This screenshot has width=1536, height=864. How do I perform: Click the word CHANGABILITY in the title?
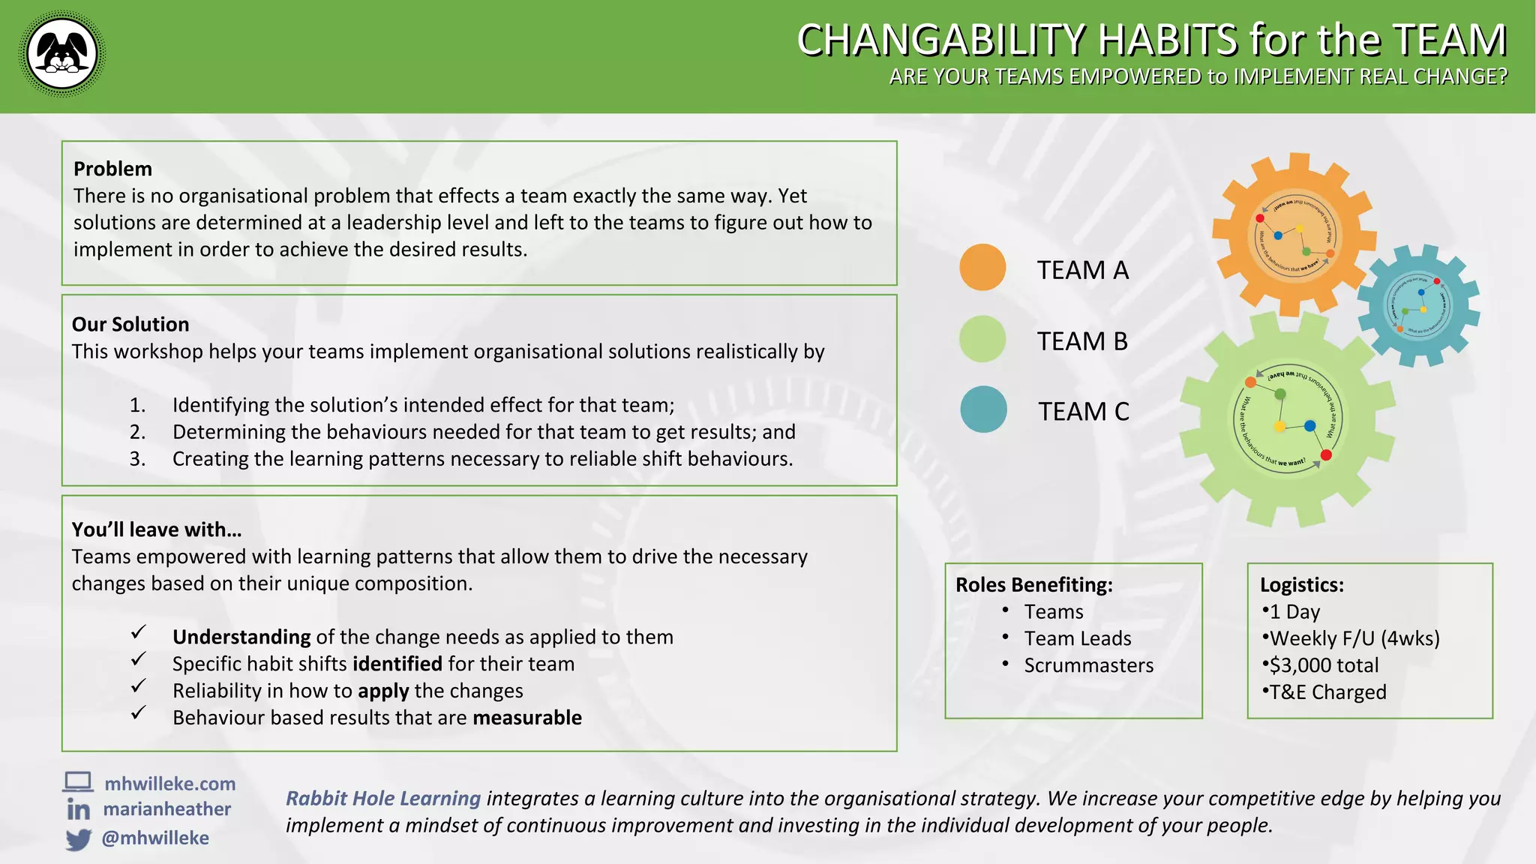[x=941, y=40]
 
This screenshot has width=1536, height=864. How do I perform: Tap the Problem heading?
[x=112, y=169]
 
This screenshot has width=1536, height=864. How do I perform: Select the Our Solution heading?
[x=130, y=324]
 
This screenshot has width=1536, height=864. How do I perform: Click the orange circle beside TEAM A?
[x=982, y=267]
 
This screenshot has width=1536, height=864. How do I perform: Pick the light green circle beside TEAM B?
[x=982, y=339]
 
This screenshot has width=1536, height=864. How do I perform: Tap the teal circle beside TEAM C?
[x=983, y=409]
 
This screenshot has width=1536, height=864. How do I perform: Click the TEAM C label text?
[x=1083, y=412]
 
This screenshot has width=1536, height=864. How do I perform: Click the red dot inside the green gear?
[x=1326, y=455]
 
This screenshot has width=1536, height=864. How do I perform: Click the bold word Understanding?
[x=241, y=637]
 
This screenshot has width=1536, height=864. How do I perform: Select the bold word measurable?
[x=527, y=718]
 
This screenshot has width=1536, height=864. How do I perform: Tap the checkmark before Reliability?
[x=138, y=686]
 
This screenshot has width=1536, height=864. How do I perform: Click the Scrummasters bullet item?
[x=1088, y=665]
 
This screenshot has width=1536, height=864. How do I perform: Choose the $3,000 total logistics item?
[x=1323, y=665]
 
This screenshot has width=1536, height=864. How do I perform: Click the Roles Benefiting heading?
[x=1033, y=584]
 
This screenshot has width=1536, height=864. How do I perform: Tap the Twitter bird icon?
[x=78, y=838]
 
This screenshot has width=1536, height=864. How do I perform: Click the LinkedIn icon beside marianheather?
[x=78, y=809]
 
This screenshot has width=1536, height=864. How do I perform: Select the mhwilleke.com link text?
[x=169, y=784]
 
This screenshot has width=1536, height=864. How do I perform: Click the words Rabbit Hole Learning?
[x=383, y=799]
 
